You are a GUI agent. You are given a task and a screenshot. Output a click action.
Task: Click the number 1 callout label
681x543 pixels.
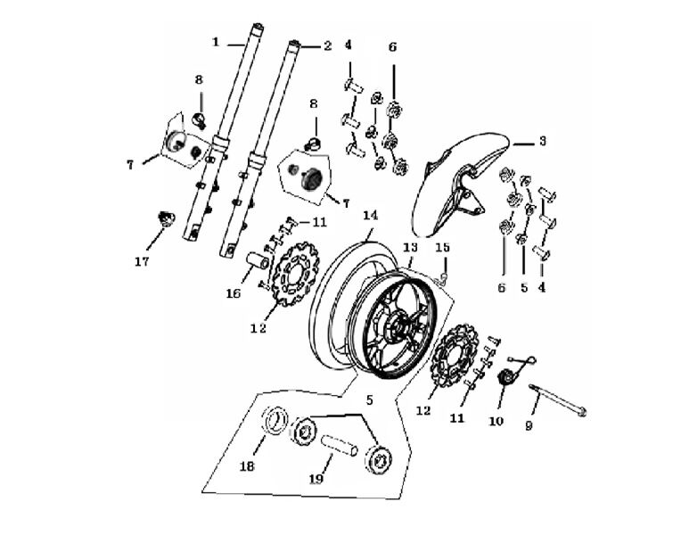click(215, 41)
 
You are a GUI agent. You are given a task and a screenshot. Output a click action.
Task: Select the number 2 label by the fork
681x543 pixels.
click(327, 45)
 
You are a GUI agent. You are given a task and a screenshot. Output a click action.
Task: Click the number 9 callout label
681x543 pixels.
click(528, 426)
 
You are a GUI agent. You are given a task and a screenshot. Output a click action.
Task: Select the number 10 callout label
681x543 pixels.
click(497, 419)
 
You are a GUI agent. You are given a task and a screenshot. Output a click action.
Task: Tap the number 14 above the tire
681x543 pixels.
click(370, 215)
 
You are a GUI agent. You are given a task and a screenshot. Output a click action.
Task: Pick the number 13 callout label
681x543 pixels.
click(410, 247)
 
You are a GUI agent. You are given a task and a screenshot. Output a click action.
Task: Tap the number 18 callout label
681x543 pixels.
click(247, 466)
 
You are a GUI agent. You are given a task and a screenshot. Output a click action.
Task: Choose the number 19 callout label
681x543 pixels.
click(314, 479)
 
